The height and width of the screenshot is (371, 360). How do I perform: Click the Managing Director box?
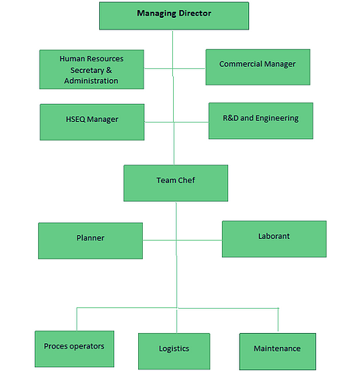[174, 16]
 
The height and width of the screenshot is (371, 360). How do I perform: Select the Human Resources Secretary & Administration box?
[92, 69]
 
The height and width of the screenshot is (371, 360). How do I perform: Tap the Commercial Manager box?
[258, 67]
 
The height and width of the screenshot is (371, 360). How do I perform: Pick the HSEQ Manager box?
[92, 122]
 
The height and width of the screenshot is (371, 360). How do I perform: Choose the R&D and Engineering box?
[261, 121]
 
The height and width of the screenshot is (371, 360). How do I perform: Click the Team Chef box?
[176, 183]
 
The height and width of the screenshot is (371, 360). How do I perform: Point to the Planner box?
[91, 241]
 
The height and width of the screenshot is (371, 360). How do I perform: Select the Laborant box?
[274, 239]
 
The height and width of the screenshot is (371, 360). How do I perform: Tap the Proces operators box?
[74, 348]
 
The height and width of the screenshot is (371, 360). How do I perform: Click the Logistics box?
[174, 351]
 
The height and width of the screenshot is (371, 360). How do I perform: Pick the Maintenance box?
[278, 352]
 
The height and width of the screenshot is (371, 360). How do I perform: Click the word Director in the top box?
[196, 13]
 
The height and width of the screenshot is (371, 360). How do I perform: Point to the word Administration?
[91, 81]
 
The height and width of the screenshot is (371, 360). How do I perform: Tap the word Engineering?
[277, 118]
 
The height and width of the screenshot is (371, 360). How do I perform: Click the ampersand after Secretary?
[109, 70]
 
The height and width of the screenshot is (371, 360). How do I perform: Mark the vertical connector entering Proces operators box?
[77, 319]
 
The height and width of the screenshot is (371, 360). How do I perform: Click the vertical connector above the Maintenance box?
[278, 320]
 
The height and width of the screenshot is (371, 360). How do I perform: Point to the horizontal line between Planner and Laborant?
[182, 241]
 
